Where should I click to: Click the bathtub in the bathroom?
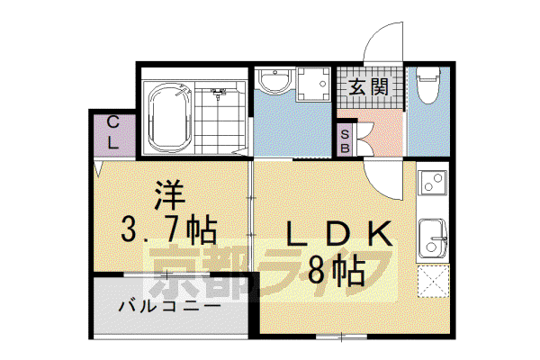[170, 117]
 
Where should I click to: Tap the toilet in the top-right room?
[428, 85]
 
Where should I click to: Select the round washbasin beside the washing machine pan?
[276, 81]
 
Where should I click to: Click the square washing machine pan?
[312, 84]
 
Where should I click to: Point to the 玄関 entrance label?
[369, 86]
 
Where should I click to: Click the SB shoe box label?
[345, 141]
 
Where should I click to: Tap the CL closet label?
[112, 132]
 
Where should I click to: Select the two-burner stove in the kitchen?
[433, 182]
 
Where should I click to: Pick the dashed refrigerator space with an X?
[433, 281]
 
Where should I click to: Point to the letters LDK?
[339, 234]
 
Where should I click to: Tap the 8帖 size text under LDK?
[336, 270]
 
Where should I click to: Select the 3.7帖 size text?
[168, 230]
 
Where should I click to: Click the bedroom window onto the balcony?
[166, 274]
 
